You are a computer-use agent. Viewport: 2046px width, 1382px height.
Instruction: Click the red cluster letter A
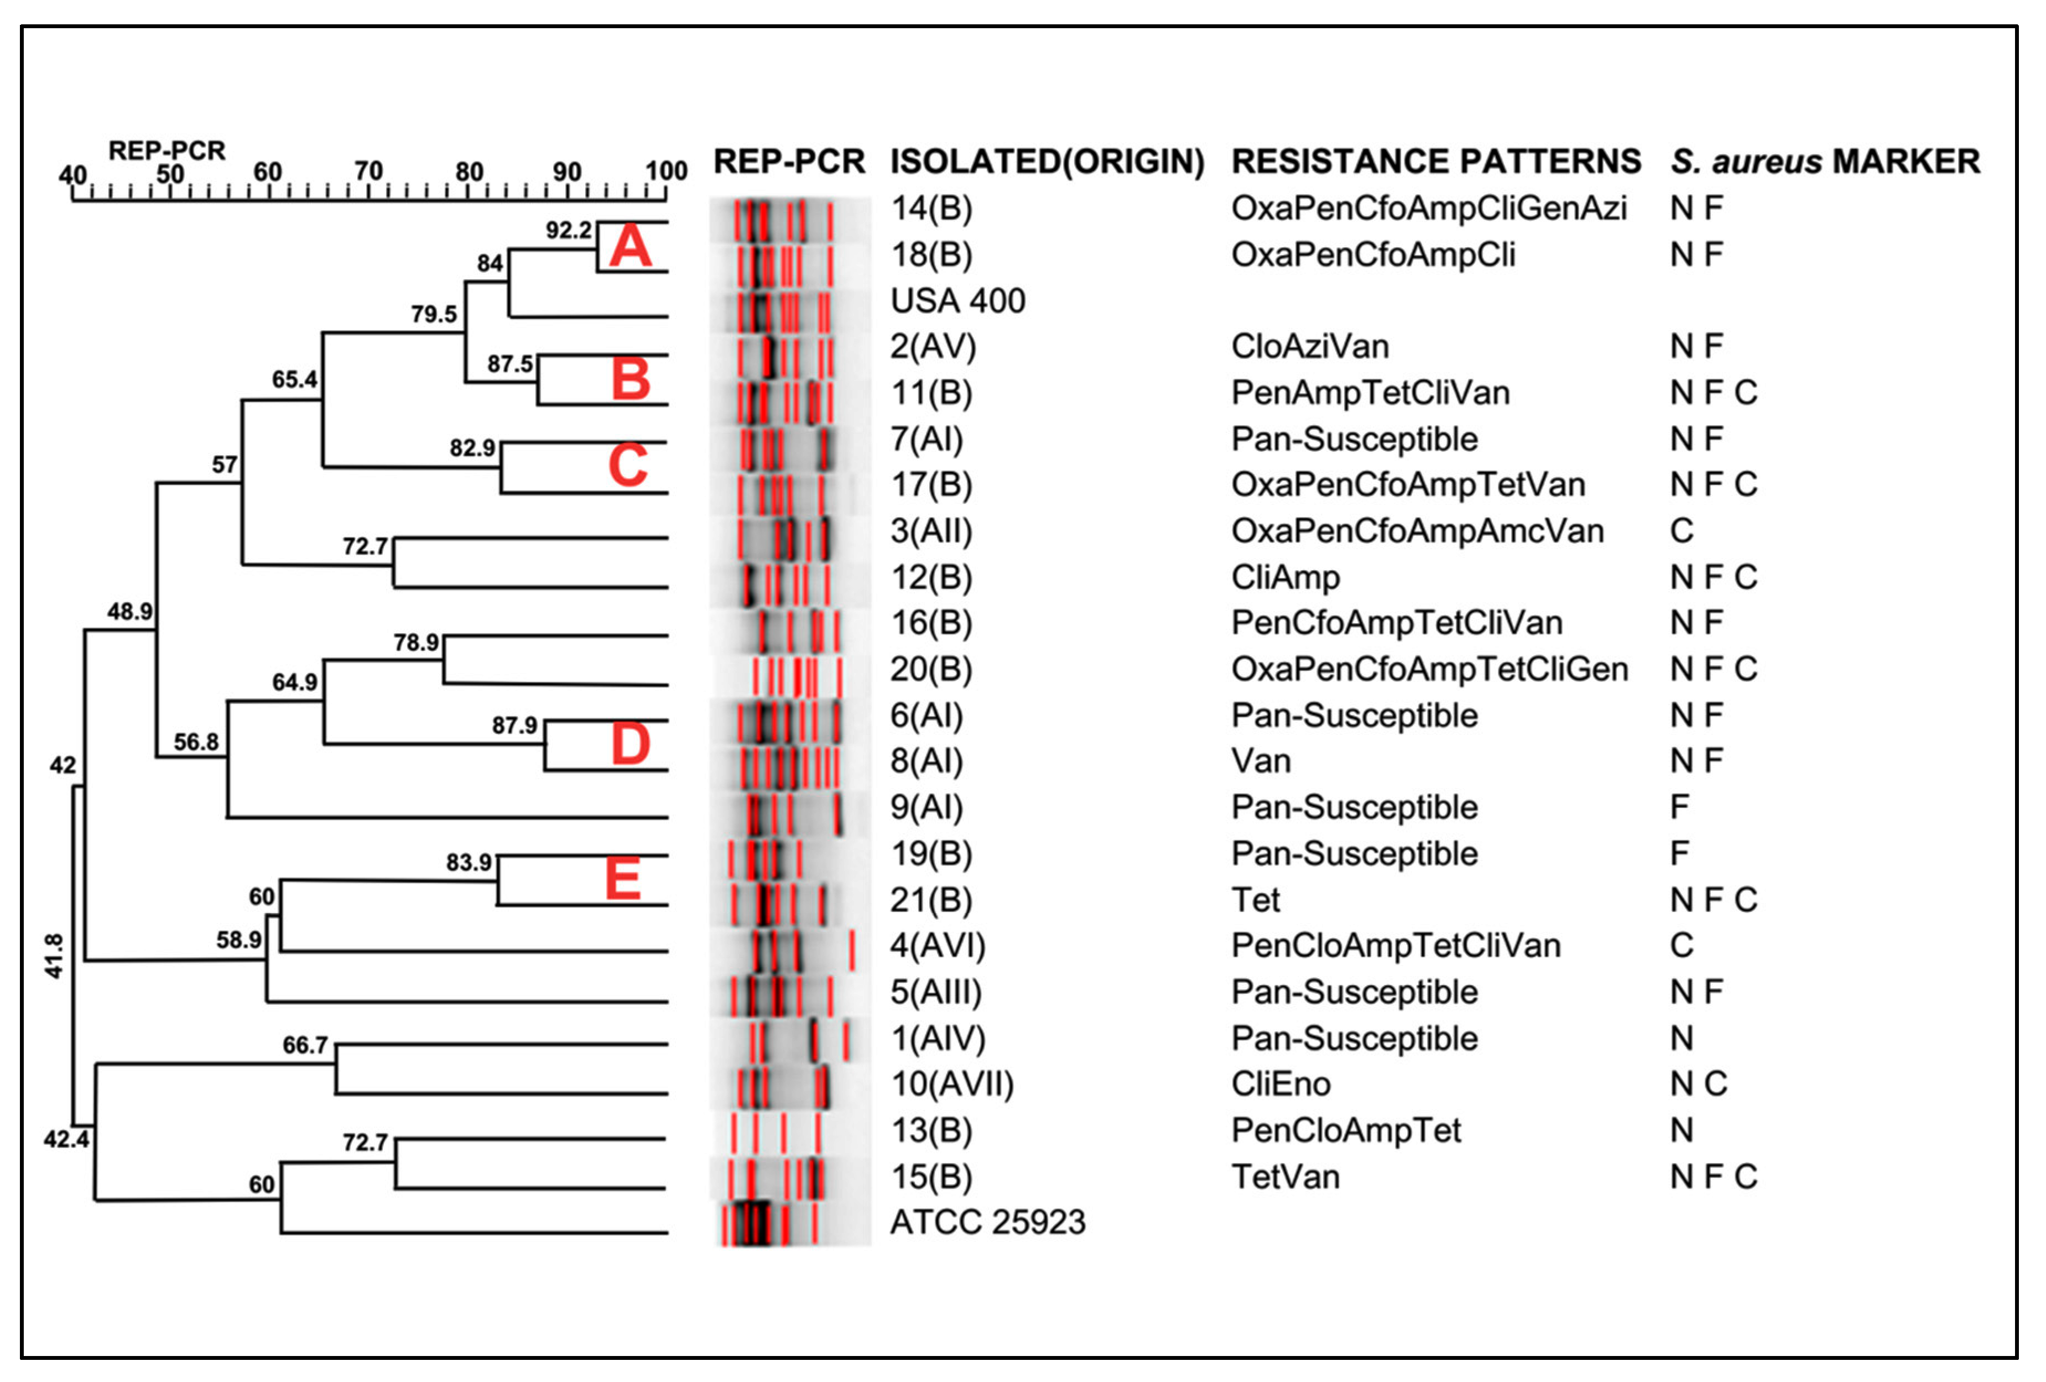click(x=631, y=247)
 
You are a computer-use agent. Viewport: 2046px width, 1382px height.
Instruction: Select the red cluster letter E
click(x=622, y=879)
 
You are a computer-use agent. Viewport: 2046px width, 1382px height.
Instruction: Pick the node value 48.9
click(x=129, y=611)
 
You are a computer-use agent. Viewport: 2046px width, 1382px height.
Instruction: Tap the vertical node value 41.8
click(x=55, y=957)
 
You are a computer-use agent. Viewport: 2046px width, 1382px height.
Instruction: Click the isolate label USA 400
click(x=958, y=301)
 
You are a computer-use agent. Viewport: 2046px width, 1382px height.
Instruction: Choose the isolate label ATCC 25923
click(x=988, y=1222)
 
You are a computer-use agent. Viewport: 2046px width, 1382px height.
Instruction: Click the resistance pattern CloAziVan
click(x=1309, y=347)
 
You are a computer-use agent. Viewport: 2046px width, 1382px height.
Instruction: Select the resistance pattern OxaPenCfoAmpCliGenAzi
click(x=1428, y=208)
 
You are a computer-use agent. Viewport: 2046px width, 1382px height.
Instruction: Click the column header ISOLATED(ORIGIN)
click(x=1047, y=162)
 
